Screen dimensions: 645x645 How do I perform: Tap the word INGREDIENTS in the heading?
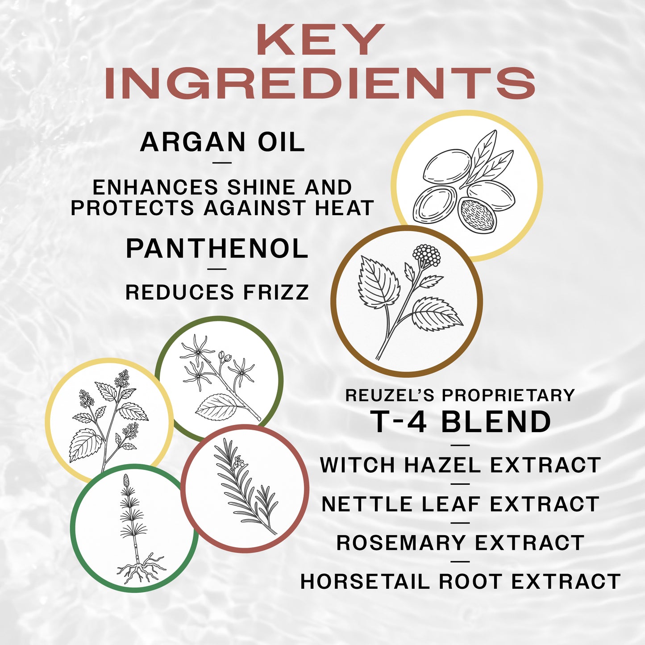[320, 83]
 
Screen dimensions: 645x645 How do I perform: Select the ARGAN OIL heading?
[222, 142]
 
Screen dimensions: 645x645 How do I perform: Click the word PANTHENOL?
[217, 249]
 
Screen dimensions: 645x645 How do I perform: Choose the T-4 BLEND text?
[461, 421]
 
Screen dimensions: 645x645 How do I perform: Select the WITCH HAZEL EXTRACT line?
[460, 465]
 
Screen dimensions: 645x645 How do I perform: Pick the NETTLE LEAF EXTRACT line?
[460, 504]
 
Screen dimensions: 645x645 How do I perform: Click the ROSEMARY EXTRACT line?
[460, 543]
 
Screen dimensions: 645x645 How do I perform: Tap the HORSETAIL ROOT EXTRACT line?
[460, 582]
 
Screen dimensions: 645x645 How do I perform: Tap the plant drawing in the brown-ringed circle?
[407, 300]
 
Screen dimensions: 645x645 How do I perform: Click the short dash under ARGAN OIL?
[222, 162]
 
